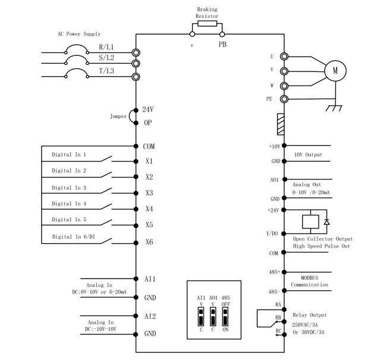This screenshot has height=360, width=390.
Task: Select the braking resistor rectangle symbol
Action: [207, 24]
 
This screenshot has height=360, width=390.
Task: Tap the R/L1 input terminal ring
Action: [136, 53]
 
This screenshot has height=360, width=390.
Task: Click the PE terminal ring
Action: [284, 99]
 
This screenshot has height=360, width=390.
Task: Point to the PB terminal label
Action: [222, 44]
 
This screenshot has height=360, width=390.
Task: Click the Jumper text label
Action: [118, 117]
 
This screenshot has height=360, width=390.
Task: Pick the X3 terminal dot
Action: [136, 193]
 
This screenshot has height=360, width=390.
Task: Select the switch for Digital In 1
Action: [106, 159]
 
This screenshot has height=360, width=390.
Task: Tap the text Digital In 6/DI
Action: [74, 236]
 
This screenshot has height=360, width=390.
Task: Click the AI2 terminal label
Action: [150, 317]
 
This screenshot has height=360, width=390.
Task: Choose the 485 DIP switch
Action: [225, 317]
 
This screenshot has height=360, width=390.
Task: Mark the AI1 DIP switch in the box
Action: [201, 317]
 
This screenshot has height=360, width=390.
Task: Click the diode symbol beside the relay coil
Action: [327, 222]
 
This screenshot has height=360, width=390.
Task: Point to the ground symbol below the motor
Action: [334, 108]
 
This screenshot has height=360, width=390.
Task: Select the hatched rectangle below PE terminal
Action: [281, 124]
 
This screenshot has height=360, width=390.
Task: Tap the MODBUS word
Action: [309, 278]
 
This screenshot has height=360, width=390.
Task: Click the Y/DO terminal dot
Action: [284, 233]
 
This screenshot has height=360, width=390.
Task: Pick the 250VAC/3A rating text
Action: [305, 325]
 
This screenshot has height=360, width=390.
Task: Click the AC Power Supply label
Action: [79, 34]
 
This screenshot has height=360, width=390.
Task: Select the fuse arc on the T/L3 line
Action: [77, 71]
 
